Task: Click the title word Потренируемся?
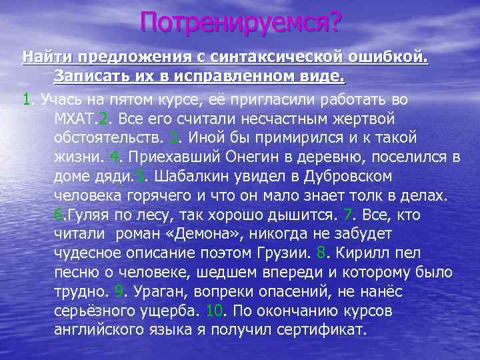point(240,24)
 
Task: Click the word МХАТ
point(76,119)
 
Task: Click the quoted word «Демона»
point(201,235)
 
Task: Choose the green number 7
point(347,216)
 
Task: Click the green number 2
point(102,119)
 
